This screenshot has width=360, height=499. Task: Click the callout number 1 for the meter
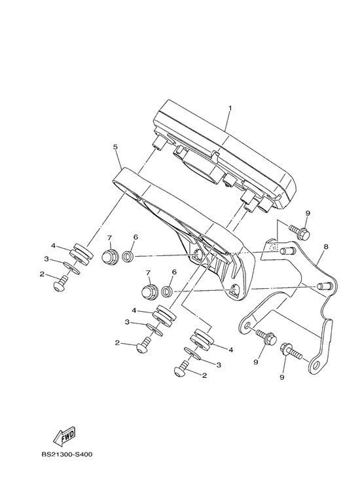coord(230,108)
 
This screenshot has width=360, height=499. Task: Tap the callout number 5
coord(115,147)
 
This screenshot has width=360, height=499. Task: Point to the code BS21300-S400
coord(67,454)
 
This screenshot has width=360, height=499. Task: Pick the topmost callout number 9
coord(308,213)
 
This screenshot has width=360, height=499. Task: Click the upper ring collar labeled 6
coord(128,255)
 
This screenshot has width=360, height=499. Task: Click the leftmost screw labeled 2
coord(61,284)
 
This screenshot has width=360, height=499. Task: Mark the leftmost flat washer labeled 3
coord(71,268)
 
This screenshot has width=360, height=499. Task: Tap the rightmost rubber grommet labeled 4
coord(202,339)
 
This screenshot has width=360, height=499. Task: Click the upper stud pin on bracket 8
coord(287,250)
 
